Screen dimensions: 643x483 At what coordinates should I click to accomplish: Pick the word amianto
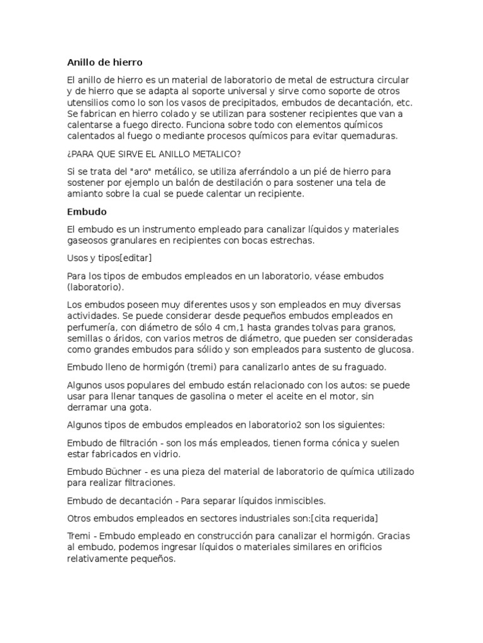click(85, 194)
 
